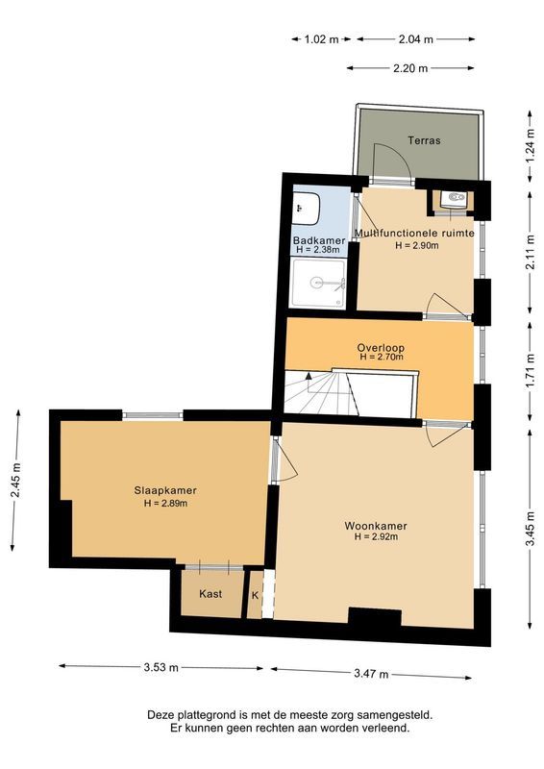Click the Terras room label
[423, 140]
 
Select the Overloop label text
[381, 347]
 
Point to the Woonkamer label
[376, 526]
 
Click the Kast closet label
[210, 594]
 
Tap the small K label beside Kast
[255, 595]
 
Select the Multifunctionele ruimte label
[415, 233]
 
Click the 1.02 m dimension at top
[321, 39]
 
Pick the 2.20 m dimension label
[410, 68]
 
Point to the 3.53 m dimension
[161, 666]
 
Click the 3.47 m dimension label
[370, 674]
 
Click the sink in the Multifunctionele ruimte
[454, 200]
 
